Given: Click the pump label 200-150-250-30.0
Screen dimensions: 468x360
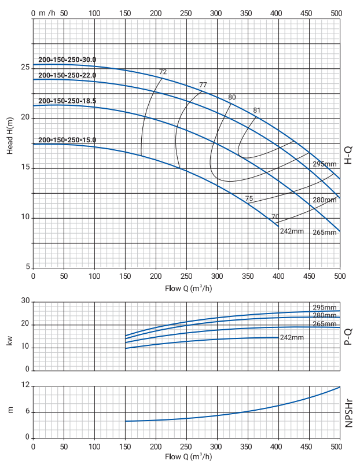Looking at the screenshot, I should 67,60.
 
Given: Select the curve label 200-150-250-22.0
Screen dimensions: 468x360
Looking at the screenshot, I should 67,75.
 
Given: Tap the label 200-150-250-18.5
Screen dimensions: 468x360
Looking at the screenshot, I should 67,101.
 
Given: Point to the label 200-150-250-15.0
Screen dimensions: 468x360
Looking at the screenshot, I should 67,139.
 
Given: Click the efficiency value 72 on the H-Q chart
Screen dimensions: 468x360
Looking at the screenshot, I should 163,72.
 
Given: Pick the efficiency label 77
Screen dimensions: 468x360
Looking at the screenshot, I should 203,85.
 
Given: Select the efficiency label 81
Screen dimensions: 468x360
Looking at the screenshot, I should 257,110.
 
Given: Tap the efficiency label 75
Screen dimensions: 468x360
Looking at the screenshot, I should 249,198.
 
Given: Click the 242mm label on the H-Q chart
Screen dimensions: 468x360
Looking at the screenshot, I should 292,231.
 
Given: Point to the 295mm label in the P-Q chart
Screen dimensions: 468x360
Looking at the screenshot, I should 324,307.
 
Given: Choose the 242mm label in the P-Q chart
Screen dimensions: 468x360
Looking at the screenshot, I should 292,337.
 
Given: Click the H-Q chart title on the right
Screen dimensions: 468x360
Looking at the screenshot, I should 349,154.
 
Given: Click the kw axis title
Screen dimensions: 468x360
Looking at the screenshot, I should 10,341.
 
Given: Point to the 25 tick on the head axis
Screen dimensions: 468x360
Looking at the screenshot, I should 25,68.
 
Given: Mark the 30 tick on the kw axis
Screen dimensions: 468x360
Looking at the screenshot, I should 25,301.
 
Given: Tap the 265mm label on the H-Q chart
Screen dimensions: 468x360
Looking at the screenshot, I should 324,233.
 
